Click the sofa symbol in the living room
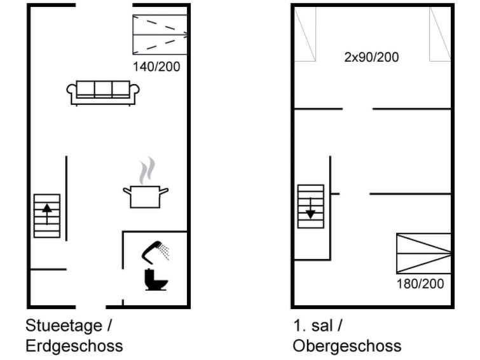coord(103,93)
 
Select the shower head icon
coord(156,252)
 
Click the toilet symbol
coord(156,279)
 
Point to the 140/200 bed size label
coord(156,67)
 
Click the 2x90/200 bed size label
coord(371,57)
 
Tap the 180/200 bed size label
coord(420,284)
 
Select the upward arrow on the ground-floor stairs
coord(47,214)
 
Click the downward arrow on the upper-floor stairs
coord(310,209)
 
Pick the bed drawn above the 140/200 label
coord(160,34)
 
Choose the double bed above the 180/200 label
coord(423,253)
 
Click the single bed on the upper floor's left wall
coord(305,34)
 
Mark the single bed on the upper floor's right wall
coord(440,34)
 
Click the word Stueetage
coord(64,326)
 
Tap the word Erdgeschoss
coord(74,346)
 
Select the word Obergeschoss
coord(347,346)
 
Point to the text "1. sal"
coord(313,326)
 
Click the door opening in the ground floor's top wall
coord(104,5)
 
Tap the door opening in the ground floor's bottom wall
coord(91,307)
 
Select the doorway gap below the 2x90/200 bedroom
coord(357,109)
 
